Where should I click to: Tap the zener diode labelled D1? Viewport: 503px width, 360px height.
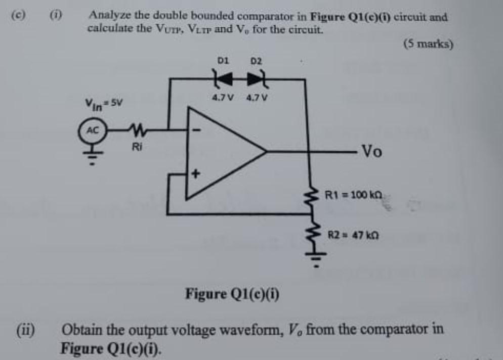[x=223, y=79]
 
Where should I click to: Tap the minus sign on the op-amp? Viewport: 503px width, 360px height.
[x=198, y=130]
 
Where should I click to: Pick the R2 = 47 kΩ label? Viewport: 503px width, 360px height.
[x=354, y=235]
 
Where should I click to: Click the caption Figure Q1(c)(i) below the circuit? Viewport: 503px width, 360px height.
[x=234, y=293]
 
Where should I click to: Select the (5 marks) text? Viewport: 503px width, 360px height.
[x=428, y=43]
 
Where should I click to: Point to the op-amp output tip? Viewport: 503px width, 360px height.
[x=266, y=151]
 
